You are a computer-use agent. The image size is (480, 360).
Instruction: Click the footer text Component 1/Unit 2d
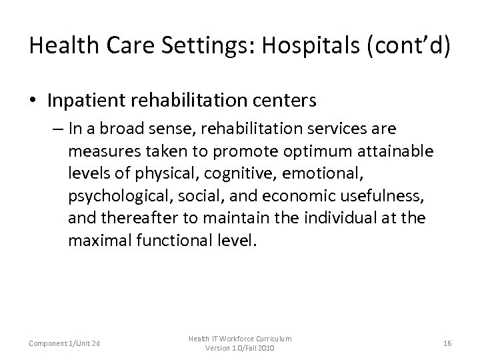point(64,344)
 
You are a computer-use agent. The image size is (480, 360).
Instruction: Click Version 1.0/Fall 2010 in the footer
point(239,349)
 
